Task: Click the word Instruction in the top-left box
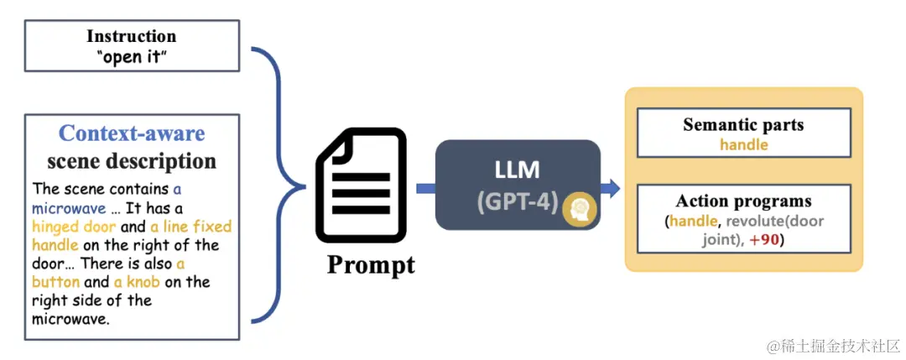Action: coord(132,36)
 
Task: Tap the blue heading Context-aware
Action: coord(132,133)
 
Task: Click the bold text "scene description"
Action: coord(132,160)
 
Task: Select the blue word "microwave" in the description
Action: coord(70,208)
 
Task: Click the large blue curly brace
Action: coord(285,180)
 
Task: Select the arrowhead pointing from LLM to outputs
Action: coord(614,188)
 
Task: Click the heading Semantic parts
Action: coord(743,125)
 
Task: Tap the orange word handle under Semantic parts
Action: coord(743,144)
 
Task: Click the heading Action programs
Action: coord(743,201)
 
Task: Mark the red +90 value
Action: coord(765,238)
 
